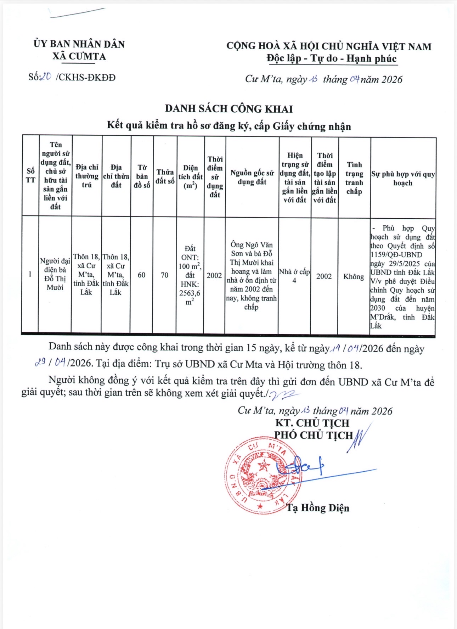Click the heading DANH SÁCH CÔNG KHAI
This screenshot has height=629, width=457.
229,109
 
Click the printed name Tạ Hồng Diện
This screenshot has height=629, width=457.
318,508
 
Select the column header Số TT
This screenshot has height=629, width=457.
30,175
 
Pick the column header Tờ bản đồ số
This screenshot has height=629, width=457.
142,176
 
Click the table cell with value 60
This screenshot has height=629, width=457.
141,275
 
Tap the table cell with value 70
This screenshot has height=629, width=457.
165,275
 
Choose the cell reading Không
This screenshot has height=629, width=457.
354,276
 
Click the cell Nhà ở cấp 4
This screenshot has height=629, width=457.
294,276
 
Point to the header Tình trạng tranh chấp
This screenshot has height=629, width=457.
354,178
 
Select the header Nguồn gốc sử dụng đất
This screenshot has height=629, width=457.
252,177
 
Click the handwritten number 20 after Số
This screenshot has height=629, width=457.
46,77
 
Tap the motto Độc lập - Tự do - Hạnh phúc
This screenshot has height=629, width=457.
332,58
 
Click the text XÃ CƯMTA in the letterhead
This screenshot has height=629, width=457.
79,56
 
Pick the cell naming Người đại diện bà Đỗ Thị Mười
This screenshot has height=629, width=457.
55,274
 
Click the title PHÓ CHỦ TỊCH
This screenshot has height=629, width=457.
314,435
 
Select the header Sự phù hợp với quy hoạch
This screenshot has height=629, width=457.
403,178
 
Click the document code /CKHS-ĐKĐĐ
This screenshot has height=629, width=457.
85,77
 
